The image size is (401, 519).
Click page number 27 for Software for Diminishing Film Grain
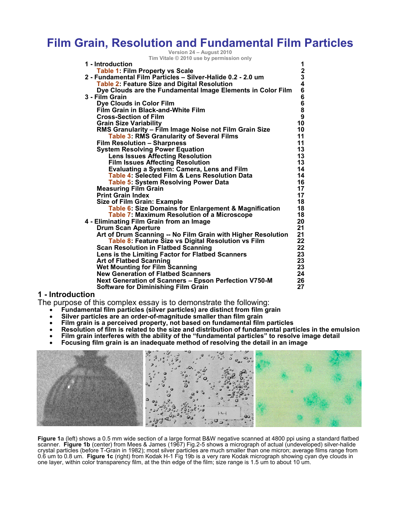tap(301, 287)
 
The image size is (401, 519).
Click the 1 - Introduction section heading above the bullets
tap(66, 295)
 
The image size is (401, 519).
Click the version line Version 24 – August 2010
tap(200, 52)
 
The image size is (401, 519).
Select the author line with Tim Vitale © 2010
tap(200, 58)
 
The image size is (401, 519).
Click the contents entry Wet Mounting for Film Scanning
tap(146, 267)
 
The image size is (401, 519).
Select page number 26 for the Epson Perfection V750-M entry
tap(301, 281)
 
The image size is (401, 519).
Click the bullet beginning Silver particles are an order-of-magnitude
tap(162, 316)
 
